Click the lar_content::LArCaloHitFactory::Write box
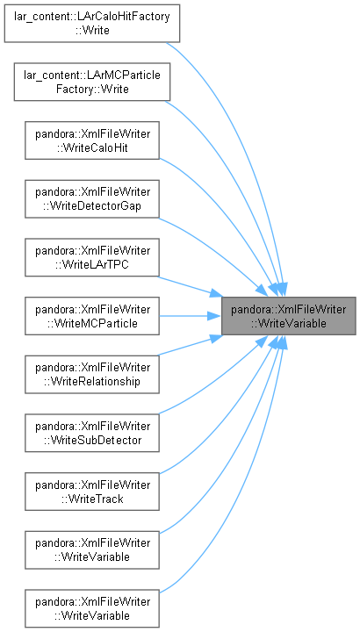coord(92,24)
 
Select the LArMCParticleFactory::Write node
coord(92,82)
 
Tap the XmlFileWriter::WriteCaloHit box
coord(92,140)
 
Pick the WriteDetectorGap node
coord(92,198)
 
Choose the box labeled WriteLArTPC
coord(92,257)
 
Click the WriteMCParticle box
coord(92,316)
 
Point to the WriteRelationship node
coord(92,374)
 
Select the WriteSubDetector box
coord(92,433)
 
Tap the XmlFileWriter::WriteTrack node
coord(92,492)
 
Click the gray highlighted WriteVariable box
coord(289,316)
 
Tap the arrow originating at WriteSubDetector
coord(217,382)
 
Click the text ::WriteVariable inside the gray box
coord(289,323)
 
